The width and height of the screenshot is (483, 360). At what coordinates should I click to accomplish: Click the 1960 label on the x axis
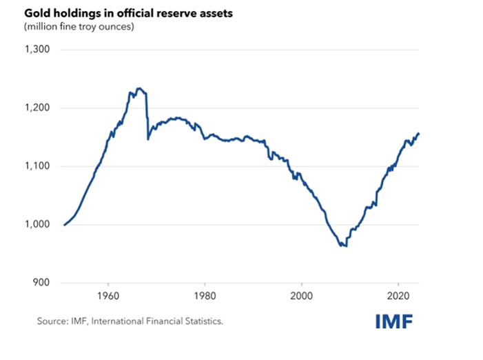(108, 297)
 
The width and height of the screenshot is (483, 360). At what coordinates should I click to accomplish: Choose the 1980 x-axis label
(205, 297)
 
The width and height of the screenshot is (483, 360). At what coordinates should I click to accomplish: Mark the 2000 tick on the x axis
(302, 297)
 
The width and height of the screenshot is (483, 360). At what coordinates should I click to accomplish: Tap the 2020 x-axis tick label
(398, 297)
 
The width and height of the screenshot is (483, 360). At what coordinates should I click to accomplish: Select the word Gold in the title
(35, 12)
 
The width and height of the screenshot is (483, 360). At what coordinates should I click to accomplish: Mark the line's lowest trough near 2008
(345, 246)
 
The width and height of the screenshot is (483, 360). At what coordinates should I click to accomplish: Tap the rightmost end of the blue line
(419, 133)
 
